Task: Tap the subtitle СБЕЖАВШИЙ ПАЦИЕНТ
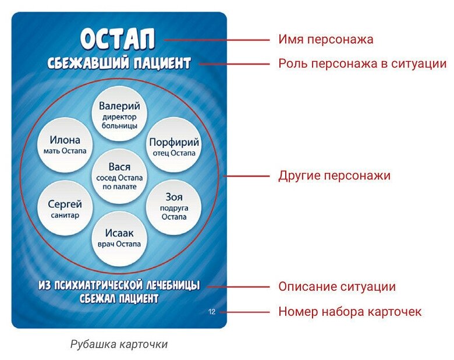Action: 119,63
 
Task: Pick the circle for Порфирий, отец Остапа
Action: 174,147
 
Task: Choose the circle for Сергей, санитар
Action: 65,209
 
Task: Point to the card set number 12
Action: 211,312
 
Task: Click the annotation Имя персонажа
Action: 325,40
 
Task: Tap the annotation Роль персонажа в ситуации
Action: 362,63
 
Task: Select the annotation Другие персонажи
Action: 334,175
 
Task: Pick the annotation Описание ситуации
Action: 336,287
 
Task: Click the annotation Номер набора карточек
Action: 350,312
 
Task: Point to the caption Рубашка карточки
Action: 119,344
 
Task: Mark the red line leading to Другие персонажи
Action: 247,175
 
